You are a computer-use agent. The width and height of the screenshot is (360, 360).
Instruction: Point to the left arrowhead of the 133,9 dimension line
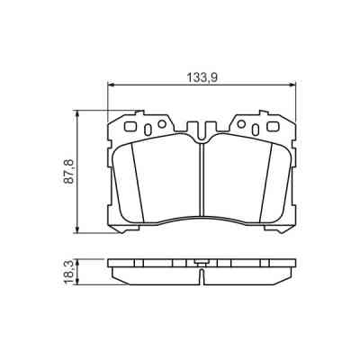tap(111, 86)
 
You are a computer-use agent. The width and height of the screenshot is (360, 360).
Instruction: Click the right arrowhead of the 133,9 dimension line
tap(294, 86)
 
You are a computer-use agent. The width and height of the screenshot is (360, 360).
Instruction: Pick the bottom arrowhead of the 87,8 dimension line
tap(78, 230)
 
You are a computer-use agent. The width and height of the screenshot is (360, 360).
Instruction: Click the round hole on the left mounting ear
tap(161, 123)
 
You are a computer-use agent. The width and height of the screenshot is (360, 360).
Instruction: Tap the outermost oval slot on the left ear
tap(130, 126)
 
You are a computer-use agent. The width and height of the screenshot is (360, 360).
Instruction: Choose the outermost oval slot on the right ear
tap(274, 126)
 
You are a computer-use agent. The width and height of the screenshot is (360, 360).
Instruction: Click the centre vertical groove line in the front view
tap(202, 180)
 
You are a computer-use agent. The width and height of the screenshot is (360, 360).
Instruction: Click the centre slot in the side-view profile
tap(202, 266)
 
